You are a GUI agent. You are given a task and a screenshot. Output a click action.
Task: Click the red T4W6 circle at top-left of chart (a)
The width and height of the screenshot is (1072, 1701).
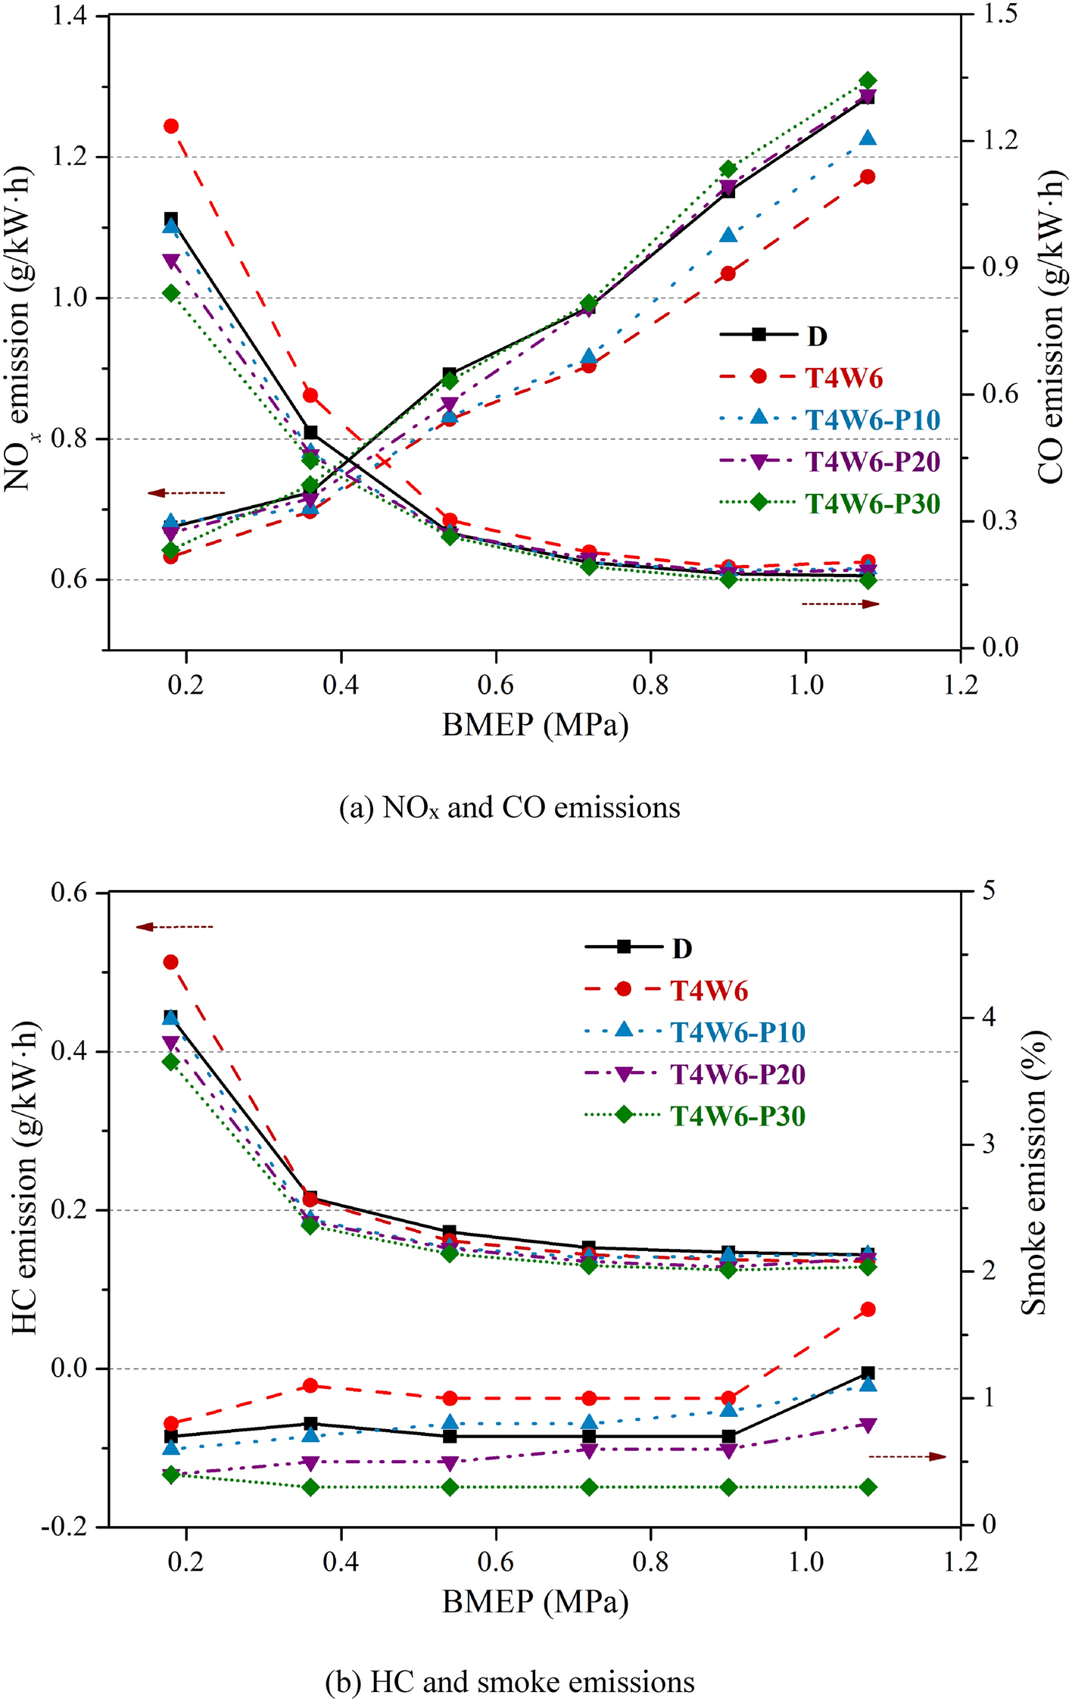pyautogui.click(x=171, y=126)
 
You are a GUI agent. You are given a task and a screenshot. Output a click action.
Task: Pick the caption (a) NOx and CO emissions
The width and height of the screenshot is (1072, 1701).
pyautogui.click(x=510, y=807)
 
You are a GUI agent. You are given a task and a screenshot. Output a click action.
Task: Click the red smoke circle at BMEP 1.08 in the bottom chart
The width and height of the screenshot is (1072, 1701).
pyautogui.click(x=868, y=1309)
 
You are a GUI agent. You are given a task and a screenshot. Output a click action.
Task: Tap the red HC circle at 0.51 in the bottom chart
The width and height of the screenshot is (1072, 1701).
pyautogui.click(x=171, y=962)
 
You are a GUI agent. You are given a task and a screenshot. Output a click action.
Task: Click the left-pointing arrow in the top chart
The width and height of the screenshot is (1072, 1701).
pyautogui.click(x=186, y=493)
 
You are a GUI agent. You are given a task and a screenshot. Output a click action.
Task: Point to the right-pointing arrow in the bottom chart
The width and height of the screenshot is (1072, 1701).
pyautogui.click(x=907, y=1456)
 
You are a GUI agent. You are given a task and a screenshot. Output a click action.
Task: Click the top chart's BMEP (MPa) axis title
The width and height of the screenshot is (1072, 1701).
pyautogui.click(x=535, y=726)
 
